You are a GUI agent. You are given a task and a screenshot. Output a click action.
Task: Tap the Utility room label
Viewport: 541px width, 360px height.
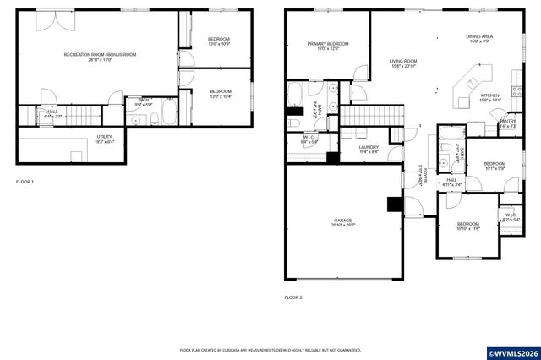(104, 139)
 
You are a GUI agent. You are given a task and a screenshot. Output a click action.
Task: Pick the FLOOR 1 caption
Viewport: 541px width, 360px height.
(25, 182)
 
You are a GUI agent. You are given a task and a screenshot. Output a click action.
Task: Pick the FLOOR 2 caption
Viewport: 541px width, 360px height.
(293, 297)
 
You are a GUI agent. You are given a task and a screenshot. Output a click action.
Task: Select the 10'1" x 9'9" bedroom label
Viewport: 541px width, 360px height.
(495, 166)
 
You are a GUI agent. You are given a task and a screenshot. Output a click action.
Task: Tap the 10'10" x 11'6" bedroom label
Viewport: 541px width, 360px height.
(468, 226)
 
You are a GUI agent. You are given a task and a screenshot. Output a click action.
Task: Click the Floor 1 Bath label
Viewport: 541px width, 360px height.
(144, 102)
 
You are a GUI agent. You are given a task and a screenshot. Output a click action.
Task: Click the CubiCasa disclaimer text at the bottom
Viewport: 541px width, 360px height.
(270, 349)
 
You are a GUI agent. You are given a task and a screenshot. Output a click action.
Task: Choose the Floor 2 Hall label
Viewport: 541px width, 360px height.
(451, 182)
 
